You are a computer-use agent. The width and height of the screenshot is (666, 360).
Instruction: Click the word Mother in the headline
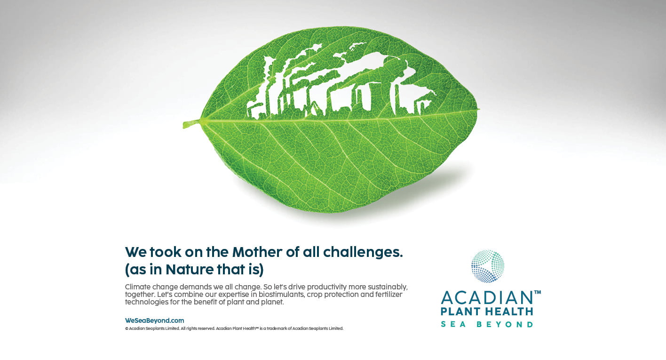click(x=257, y=252)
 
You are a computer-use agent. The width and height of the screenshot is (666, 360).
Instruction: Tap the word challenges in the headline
click(x=363, y=253)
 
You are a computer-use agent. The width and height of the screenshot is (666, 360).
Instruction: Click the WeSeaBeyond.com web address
click(x=155, y=320)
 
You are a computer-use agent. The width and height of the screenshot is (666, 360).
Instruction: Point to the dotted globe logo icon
click(x=488, y=266)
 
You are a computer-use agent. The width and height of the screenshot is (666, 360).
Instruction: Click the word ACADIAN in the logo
click(x=487, y=298)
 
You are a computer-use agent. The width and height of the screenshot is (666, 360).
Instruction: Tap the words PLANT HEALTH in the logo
click(x=487, y=312)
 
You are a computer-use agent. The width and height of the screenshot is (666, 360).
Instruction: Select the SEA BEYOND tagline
click(x=487, y=324)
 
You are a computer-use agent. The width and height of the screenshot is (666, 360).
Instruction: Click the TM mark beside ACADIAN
click(x=538, y=292)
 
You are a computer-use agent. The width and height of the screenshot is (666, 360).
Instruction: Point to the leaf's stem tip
click(x=184, y=125)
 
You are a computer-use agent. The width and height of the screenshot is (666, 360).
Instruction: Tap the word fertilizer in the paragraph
click(x=388, y=295)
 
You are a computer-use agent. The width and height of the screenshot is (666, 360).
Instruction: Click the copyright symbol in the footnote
click(x=127, y=328)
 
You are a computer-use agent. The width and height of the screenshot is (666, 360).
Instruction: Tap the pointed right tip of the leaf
click(x=479, y=110)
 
